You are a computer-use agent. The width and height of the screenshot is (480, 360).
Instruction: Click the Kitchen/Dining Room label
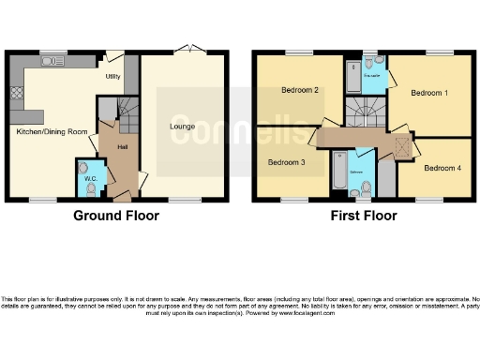click(52, 132)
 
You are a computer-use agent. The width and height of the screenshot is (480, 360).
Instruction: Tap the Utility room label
click(112, 76)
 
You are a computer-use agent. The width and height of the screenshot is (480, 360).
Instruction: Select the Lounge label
click(182, 126)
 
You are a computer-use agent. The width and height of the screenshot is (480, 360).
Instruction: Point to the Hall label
click(121, 147)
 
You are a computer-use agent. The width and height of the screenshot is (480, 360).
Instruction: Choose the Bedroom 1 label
click(428, 94)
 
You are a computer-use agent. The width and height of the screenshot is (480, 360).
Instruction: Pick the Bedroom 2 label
click(300, 90)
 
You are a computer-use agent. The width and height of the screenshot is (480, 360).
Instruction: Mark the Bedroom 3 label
click(286, 162)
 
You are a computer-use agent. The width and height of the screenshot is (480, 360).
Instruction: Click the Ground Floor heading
click(116, 216)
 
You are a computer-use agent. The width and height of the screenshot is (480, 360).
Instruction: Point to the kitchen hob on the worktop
click(15, 94)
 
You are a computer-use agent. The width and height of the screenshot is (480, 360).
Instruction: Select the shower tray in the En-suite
click(352, 70)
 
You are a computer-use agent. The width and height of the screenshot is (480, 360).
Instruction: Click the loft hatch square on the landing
click(401, 146)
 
